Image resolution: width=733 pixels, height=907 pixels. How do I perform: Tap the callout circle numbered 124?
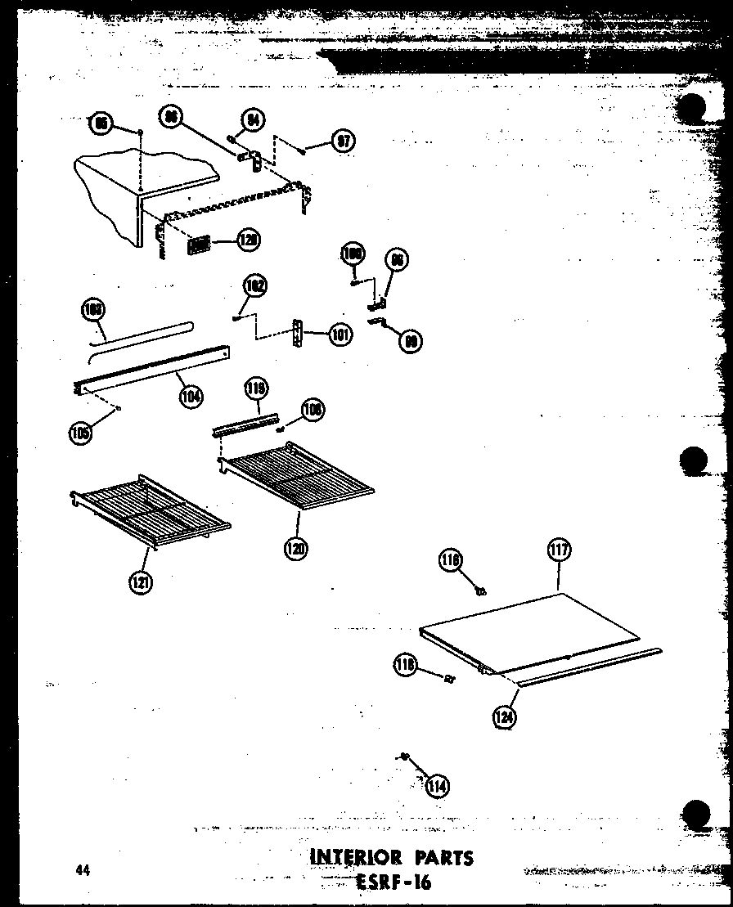(506, 717)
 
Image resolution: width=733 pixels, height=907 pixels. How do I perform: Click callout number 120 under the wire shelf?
(295, 549)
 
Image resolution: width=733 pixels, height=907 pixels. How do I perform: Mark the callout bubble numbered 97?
(343, 141)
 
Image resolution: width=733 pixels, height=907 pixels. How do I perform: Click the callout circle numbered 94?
(255, 120)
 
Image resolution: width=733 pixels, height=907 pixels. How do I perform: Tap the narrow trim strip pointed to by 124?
(589, 665)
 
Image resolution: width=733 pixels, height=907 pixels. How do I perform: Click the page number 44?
(80, 870)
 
